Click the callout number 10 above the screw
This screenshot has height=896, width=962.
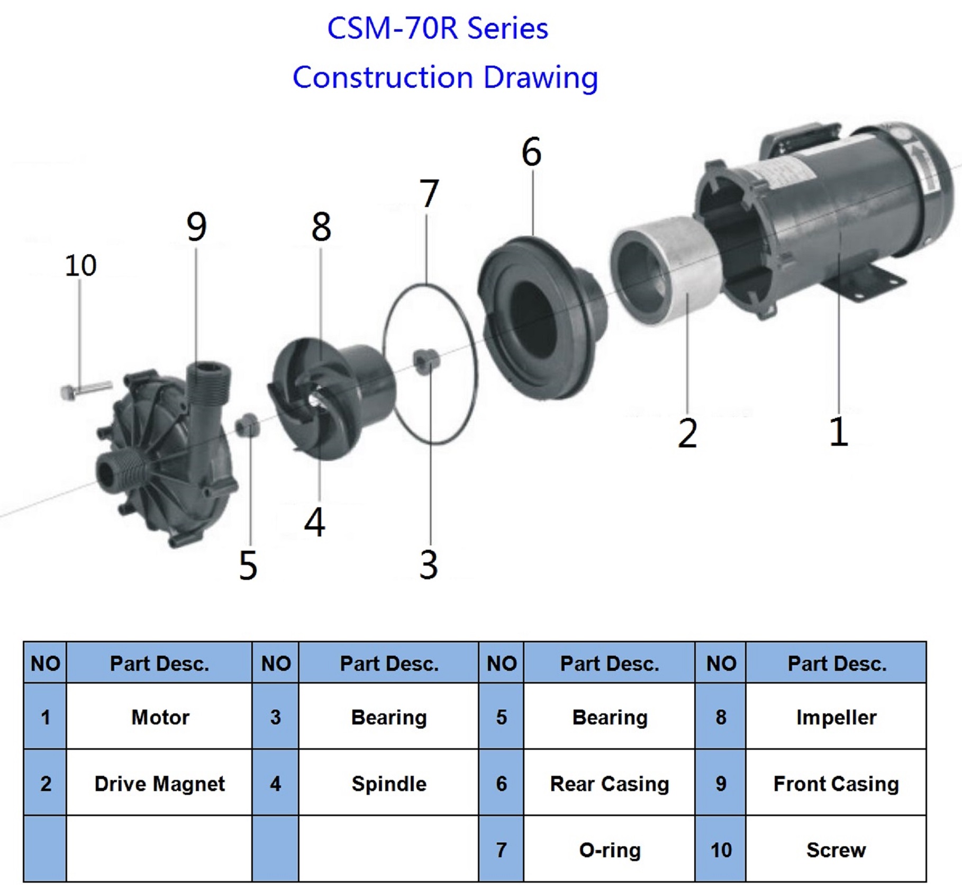pos(80,266)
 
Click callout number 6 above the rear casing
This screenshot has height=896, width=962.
pos(531,152)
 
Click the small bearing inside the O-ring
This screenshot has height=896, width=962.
pos(426,362)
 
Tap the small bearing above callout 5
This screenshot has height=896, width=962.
pos(247,425)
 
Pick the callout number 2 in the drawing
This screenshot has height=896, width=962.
pos(687,433)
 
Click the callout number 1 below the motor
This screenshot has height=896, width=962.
pos(839,432)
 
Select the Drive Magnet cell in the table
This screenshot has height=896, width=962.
pos(159,783)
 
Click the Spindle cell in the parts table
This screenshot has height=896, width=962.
pos(389,783)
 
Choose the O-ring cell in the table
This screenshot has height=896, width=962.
pos(610,849)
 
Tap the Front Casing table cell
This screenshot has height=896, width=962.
pos(836,783)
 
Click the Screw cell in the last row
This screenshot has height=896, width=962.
pos(836,849)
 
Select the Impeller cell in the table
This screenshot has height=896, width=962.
pos(836,717)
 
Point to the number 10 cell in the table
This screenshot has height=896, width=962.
pos(721,849)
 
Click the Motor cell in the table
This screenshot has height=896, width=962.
pos(159,717)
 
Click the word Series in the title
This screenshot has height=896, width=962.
pos(507,29)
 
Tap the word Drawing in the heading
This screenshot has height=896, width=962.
pos(541,78)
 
